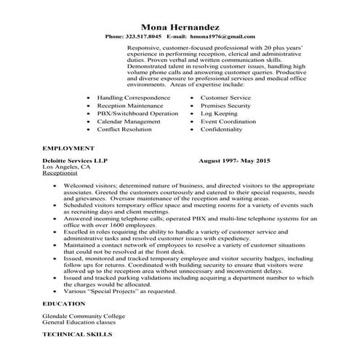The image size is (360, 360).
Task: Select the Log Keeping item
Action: (220, 113)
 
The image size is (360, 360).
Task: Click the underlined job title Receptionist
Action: (60, 175)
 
